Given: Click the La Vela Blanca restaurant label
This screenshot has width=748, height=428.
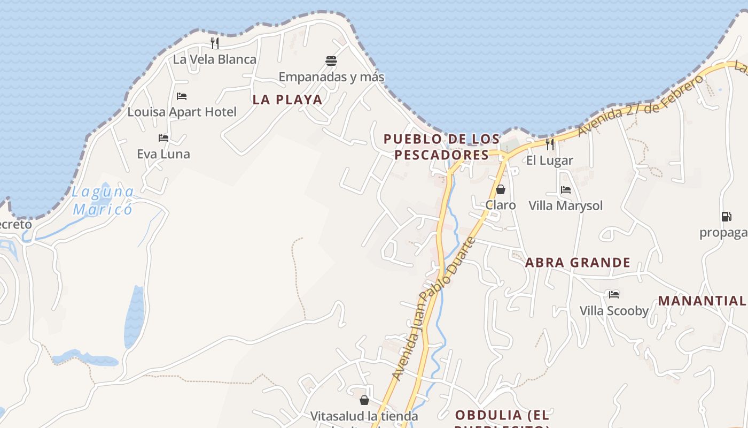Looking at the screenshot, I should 215,59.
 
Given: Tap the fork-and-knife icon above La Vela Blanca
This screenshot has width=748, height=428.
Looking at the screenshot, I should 215,43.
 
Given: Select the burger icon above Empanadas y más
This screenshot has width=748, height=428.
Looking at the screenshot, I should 331,60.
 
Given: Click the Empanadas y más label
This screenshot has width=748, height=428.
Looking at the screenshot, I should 331,77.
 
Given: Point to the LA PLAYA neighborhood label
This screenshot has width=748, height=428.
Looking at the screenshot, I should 287,100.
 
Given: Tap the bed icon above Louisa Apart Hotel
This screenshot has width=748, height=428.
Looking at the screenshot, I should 182,96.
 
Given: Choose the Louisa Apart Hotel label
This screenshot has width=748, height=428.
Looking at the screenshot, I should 182,112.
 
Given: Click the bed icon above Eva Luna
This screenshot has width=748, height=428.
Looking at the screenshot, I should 163,138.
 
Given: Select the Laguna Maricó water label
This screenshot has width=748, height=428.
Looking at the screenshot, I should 103,200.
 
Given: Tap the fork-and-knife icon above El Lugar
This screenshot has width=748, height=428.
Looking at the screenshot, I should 549,144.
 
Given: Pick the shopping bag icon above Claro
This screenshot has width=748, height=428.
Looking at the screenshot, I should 501,189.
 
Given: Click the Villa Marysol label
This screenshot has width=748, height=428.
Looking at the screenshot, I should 565,206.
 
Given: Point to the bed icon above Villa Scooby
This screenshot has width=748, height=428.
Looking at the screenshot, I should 614,294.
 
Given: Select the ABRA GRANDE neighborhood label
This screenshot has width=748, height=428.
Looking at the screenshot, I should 578,263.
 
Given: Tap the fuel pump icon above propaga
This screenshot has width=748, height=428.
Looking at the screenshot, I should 726,217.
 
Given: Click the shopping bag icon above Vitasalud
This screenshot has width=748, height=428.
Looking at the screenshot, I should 364,400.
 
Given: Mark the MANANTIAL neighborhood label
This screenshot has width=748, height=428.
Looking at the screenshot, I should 702,301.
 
